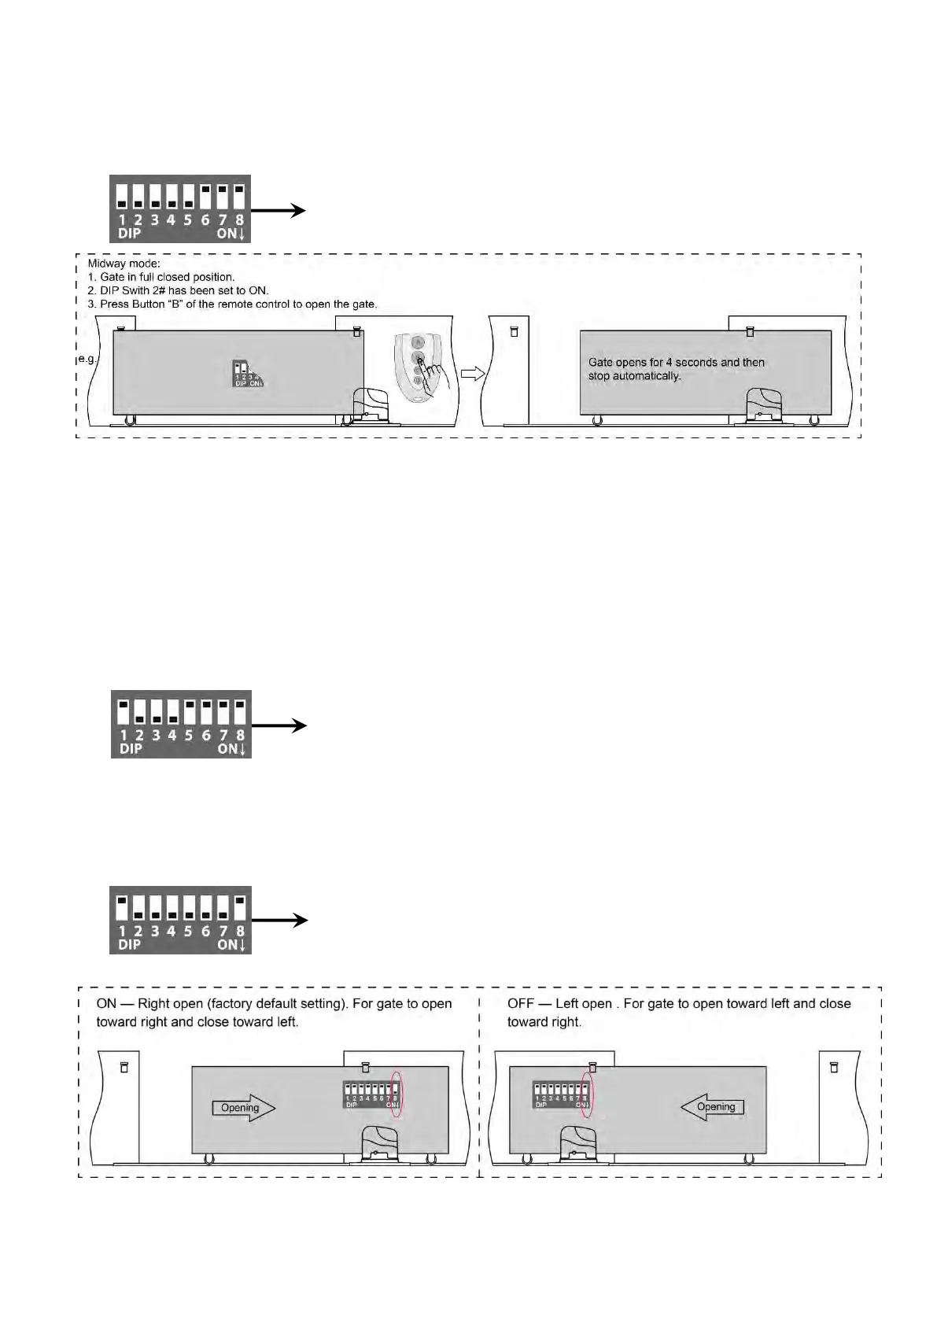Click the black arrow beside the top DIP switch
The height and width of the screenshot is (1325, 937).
point(279,210)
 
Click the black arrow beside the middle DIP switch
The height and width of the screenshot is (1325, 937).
point(279,726)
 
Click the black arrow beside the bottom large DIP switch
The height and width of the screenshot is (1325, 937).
point(279,920)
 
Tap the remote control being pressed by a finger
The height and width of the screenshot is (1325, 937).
point(418,367)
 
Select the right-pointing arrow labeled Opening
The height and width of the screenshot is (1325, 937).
point(244,1108)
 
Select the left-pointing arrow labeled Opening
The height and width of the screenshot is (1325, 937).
point(712,1107)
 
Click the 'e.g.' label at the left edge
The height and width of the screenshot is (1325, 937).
point(86,359)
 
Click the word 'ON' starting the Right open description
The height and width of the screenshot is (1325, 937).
point(106,1004)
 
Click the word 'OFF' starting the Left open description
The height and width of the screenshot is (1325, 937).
point(521,1004)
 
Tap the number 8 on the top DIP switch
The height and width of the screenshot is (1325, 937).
point(239,220)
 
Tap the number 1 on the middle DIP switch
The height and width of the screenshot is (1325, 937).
point(124,736)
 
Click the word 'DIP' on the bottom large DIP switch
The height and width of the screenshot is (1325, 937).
point(129,944)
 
